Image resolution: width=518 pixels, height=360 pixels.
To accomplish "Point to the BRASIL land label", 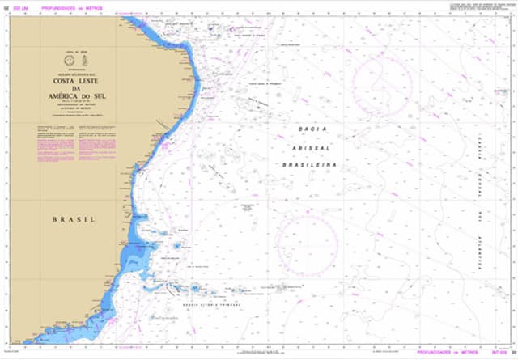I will pyautogui.click(x=73, y=219).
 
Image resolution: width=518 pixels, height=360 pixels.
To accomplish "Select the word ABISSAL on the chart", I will pyautogui.click(x=308, y=146).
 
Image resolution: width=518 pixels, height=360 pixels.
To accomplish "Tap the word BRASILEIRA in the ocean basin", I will pyautogui.click(x=308, y=163).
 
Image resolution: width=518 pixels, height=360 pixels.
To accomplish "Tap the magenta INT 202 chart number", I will pyautogui.click(x=495, y=353).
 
